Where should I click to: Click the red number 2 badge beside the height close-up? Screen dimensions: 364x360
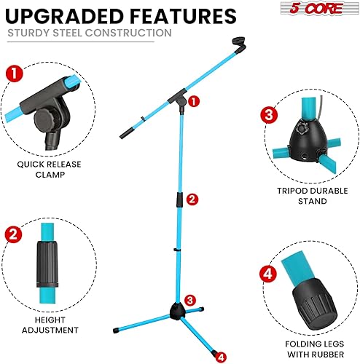(x=12, y=234)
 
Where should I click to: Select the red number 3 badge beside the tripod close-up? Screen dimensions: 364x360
(x=268, y=114)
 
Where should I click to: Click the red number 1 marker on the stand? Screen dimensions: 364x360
(x=193, y=102)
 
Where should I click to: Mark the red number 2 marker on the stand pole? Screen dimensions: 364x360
(x=192, y=199)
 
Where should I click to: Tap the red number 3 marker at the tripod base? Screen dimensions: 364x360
(x=189, y=299)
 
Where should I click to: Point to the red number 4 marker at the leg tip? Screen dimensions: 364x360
(x=221, y=336)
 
